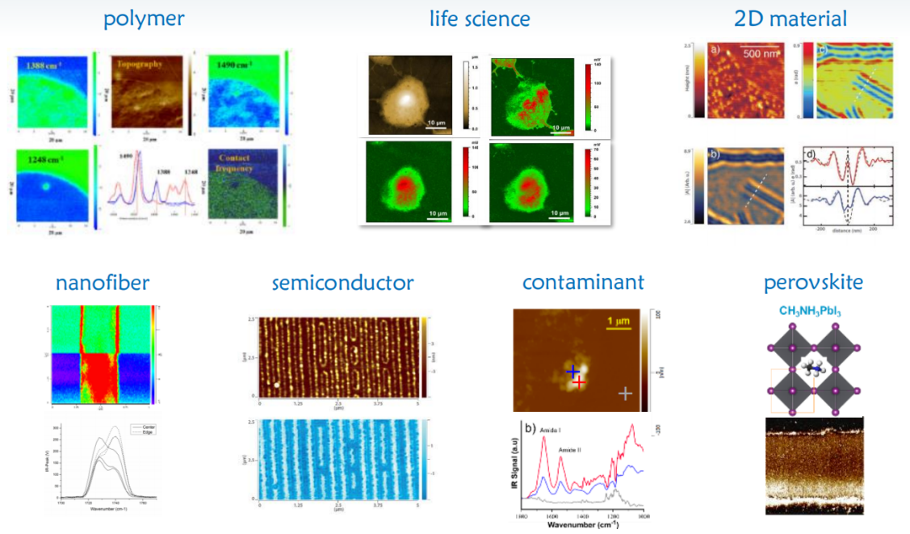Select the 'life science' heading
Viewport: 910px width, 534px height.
(480, 19)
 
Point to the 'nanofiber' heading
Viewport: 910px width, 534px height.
(103, 283)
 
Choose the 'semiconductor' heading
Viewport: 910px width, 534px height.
(343, 283)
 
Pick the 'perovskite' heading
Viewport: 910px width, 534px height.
(813, 283)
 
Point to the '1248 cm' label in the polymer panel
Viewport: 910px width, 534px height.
(44, 155)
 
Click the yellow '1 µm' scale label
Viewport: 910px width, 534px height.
(618, 322)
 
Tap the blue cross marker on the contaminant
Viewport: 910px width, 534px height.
(572, 371)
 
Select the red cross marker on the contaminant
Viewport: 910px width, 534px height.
(579, 381)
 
